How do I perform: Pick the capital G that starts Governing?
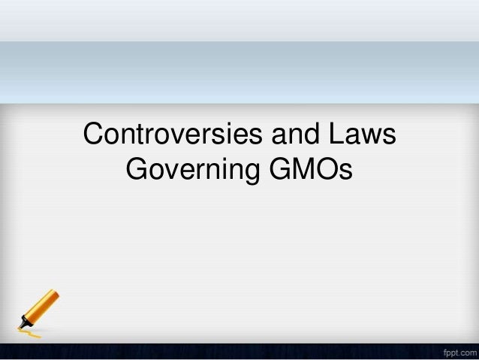coord(139,171)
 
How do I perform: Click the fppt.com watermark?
coord(455,351)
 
